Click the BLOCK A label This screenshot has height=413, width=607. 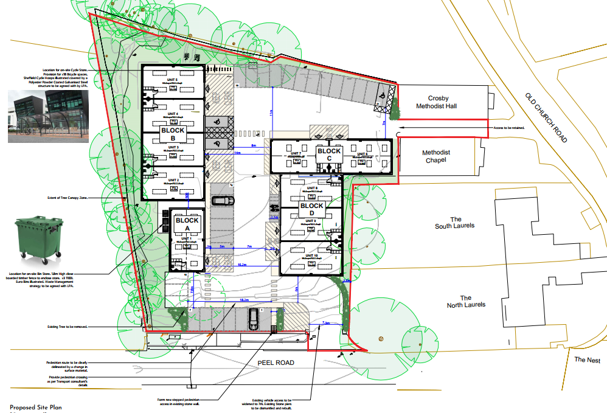pyautogui.click(x=187, y=224)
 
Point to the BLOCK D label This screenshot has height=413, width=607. pyautogui.click(x=311, y=206)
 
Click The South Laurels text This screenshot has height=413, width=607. pyautogui.click(x=454, y=223)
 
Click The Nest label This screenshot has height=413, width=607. pyautogui.click(x=587, y=360)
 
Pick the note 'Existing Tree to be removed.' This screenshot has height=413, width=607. pyautogui.click(x=68, y=327)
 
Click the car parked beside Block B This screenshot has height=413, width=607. pyautogui.click(x=223, y=201)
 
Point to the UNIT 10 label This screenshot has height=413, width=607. pyautogui.click(x=311, y=255)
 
